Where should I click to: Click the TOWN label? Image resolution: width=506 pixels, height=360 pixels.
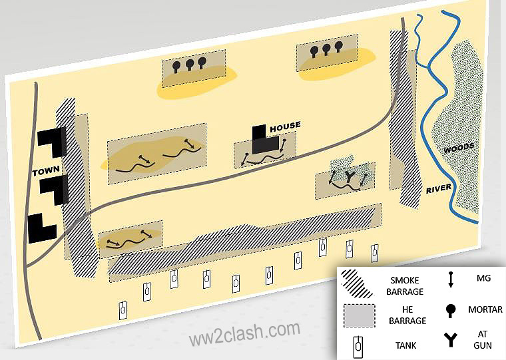[47, 172]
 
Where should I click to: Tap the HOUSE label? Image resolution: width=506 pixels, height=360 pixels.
[284, 125]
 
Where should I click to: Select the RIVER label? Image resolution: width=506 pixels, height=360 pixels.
[439, 189]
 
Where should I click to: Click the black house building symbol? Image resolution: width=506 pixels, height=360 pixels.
[263, 140]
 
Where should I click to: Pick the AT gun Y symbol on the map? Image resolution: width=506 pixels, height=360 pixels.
[350, 176]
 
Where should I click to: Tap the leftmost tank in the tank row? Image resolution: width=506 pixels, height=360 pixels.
[123, 309]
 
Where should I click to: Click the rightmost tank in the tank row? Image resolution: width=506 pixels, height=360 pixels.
[375, 252]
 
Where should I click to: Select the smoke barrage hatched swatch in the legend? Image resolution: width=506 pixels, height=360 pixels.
[358, 285]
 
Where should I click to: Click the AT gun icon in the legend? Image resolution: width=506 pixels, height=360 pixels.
[451, 340]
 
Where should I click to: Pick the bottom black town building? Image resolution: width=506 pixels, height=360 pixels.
[41, 228]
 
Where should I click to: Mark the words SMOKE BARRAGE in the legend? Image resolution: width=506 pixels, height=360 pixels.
[405, 285]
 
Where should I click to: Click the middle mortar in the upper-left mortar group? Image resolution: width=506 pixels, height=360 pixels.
[189, 64]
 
